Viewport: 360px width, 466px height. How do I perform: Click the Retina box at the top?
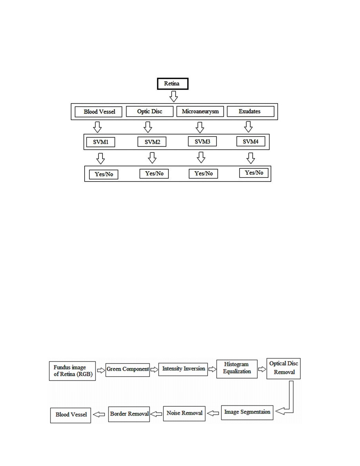click(173, 84)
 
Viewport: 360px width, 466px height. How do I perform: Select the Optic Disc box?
click(150, 111)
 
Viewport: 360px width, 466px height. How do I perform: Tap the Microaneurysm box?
click(200, 111)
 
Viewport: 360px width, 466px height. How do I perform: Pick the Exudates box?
click(251, 111)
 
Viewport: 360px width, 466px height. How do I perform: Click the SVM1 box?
click(100, 142)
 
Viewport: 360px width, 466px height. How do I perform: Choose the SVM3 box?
click(202, 141)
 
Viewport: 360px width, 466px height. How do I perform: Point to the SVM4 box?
click(251, 141)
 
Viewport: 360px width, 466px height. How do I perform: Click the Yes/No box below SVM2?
click(154, 174)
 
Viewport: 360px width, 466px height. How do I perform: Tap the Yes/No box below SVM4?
click(254, 173)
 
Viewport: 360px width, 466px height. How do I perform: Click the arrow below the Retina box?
click(174, 97)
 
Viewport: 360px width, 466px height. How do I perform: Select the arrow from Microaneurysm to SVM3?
click(200, 127)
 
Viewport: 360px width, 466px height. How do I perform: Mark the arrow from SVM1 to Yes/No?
click(100, 158)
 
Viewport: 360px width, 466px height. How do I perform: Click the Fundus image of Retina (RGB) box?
click(72, 371)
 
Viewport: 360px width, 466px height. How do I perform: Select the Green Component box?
click(128, 370)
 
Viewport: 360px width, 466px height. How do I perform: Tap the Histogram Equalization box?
click(237, 369)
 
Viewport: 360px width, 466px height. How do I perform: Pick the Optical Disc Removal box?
click(283, 368)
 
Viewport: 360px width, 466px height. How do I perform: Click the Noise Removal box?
click(184, 414)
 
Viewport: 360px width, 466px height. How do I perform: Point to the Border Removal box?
click(129, 414)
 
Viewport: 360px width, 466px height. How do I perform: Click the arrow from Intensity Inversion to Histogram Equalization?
click(212, 369)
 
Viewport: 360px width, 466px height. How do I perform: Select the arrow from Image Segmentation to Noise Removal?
click(213, 413)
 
